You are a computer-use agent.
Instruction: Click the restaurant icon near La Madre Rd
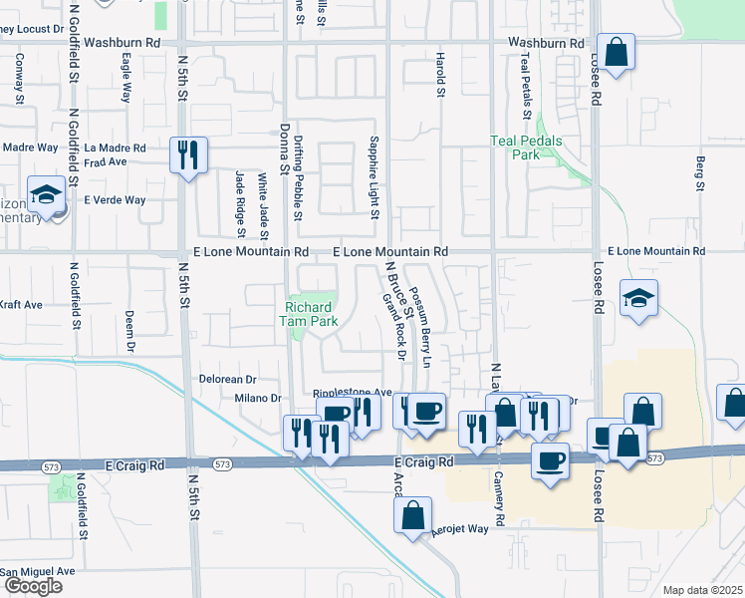coord(188,155)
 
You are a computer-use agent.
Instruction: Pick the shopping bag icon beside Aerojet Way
coord(412,516)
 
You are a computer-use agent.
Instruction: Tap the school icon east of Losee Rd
coord(638,299)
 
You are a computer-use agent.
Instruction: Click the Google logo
coord(32,586)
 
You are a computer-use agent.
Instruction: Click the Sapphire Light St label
coord(374,178)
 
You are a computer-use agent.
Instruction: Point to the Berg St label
coord(700,172)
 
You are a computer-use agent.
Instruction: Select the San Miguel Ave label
coord(38,571)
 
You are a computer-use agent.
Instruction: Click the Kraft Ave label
coord(21,304)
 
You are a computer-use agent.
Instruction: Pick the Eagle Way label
coord(126,79)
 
